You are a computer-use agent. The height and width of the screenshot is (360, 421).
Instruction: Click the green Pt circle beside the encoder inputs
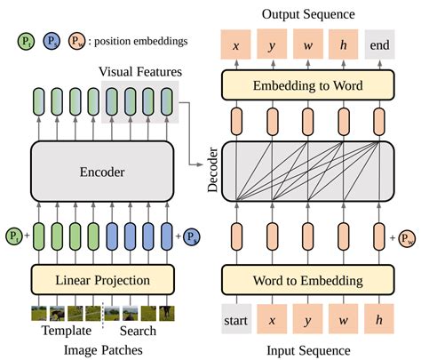[x=13, y=236]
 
